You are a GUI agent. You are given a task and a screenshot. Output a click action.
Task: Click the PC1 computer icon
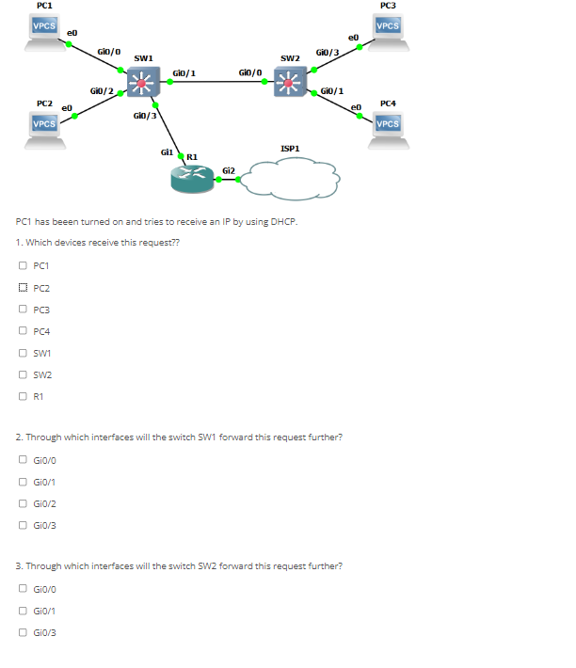pyautogui.click(x=43, y=31)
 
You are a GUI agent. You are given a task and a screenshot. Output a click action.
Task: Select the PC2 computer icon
pyautogui.click(x=43, y=127)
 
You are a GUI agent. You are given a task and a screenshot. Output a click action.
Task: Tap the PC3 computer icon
pyautogui.click(x=388, y=31)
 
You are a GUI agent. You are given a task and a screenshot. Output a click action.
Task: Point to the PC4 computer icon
pyautogui.click(x=388, y=127)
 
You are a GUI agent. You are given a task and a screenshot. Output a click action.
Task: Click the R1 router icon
pyautogui.click(x=192, y=178)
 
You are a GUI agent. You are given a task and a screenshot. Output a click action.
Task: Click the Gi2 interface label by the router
pyautogui.click(x=228, y=169)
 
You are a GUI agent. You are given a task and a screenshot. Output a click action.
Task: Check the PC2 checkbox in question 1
pyautogui.click(x=22, y=288)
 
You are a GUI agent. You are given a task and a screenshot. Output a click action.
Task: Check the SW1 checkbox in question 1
pyautogui.click(x=22, y=354)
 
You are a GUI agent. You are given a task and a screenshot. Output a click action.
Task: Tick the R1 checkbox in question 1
pyautogui.click(x=22, y=397)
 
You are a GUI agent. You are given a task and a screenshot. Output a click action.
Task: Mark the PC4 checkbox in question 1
pyautogui.click(x=22, y=331)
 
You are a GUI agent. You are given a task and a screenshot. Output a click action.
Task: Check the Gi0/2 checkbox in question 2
pyautogui.click(x=22, y=503)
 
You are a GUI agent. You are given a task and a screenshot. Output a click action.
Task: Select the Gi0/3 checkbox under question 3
pyautogui.click(x=22, y=633)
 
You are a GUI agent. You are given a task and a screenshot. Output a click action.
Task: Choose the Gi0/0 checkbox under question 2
pyautogui.click(x=22, y=460)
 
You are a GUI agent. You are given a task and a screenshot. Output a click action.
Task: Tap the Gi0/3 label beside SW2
pyautogui.click(x=327, y=52)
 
